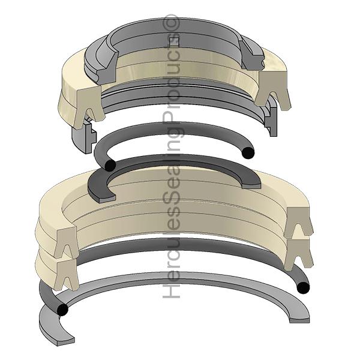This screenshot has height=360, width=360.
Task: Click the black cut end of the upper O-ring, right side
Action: click(x=246, y=153)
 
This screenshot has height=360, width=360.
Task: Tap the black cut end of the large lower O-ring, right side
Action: click(x=304, y=288)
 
